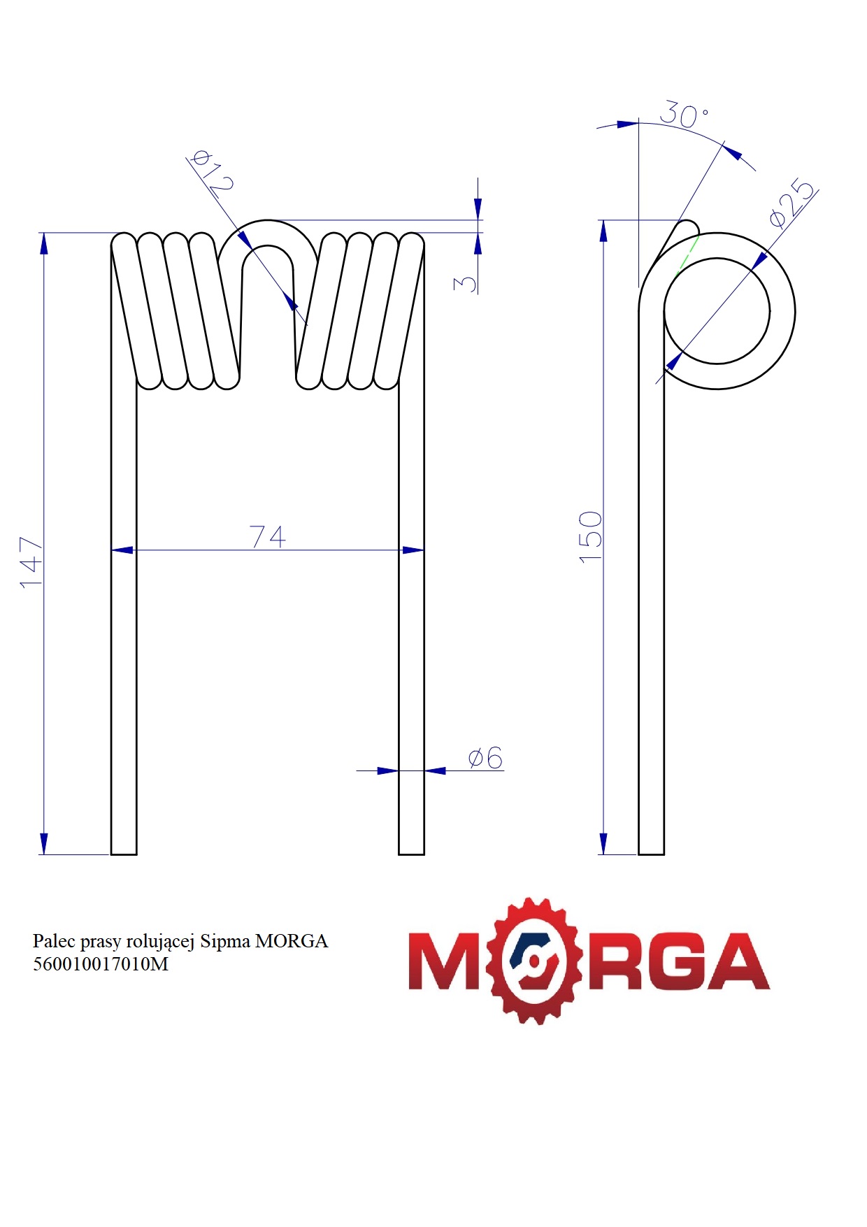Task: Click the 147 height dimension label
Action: coord(31,562)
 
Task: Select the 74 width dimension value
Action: coord(268,537)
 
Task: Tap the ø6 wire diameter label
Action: coord(485,758)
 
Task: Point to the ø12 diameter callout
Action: coord(212,171)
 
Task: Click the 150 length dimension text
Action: coord(591,536)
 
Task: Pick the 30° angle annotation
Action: coord(684,115)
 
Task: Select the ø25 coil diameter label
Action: coord(792,203)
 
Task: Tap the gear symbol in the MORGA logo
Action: coord(536,961)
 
